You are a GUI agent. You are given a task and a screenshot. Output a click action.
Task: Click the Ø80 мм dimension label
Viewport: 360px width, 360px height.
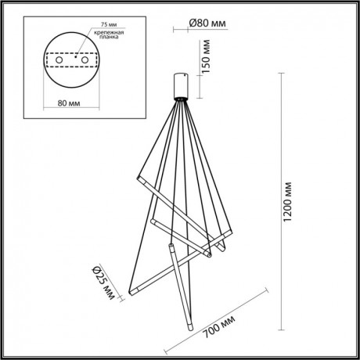pyautogui.click(x=207, y=23)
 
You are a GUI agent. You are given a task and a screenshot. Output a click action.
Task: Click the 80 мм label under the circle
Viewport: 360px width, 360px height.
pyautogui.click(x=74, y=102)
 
